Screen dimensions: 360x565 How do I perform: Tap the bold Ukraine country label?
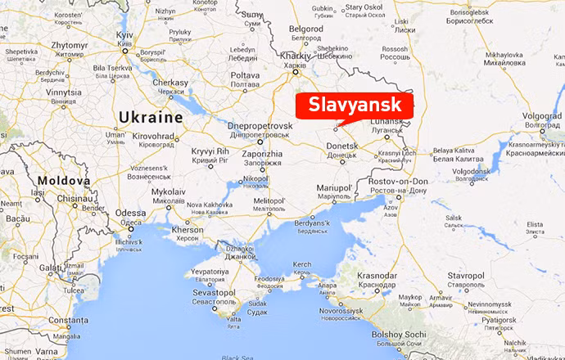click(151, 118)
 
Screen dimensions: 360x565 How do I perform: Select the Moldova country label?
click(63, 180)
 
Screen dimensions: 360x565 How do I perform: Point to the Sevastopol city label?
click(213, 292)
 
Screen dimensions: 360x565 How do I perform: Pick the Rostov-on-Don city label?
click(398, 181)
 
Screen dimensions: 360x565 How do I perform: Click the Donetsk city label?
click(342, 146)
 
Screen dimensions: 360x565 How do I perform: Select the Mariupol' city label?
click(334, 188)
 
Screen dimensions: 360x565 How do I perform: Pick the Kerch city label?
click(303, 264)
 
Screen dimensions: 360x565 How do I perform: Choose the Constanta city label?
click(67, 320)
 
